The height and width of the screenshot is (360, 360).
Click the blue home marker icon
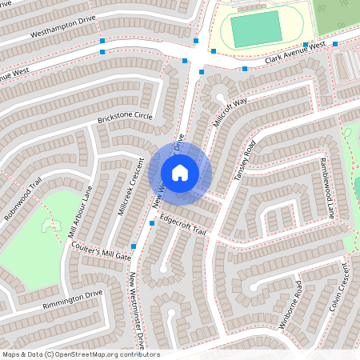click(180, 172)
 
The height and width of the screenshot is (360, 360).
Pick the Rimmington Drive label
click(74, 299)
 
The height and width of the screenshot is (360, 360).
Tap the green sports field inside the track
click(256, 30)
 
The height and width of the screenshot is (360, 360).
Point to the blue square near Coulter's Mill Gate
click(134, 246)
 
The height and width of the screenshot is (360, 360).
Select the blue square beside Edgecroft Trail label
click(152, 224)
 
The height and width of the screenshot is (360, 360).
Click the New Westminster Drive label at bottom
click(138, 312)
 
